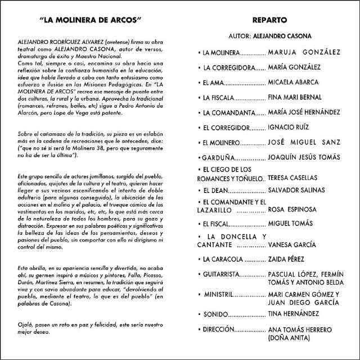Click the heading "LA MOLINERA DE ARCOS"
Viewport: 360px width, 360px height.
click(x=91, y=21)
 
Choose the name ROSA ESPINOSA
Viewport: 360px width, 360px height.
click(x=294, y=209)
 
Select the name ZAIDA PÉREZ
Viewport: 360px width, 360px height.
click(x=287, y=259)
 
